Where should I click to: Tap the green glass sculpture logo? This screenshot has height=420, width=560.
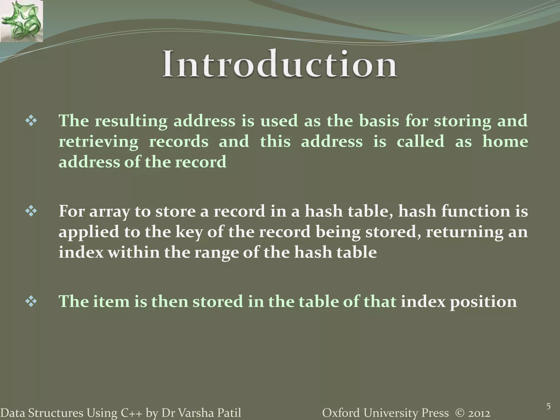[21, 21]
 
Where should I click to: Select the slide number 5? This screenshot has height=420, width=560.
[548, 407]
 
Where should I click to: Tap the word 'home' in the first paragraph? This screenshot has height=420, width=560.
[505, 142]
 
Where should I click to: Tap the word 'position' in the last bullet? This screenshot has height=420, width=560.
[483, 302]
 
